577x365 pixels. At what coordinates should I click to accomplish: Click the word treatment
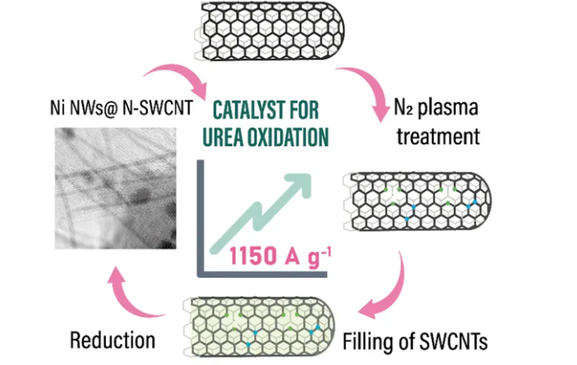(x=440, y=135)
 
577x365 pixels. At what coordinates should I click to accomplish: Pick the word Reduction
(x=112, y=339)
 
